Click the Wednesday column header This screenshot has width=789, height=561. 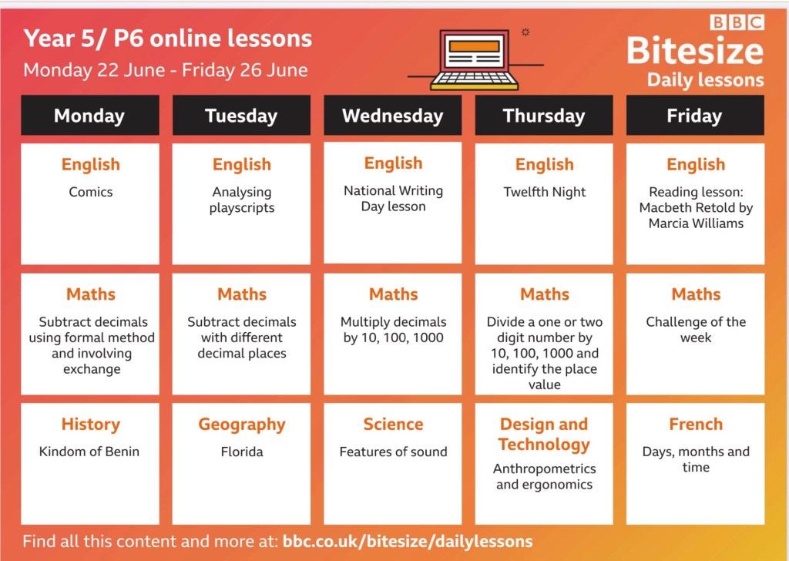point(392,116)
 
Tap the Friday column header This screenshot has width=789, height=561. point(695,116)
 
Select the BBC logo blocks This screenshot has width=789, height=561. point(737,22)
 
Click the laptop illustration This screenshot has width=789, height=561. point(475,59)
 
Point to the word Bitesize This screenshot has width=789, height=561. point(695,51)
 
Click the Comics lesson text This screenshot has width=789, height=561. point(91,192)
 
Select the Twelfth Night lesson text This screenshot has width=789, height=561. point(545,192)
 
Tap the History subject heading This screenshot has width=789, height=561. point(91,424)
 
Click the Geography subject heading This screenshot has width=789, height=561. point(241,425)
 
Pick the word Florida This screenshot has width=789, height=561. point(241,452)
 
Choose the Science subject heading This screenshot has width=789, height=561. point(393,424)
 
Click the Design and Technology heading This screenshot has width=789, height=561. point(544,434)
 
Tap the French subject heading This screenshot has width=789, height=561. point(696,424)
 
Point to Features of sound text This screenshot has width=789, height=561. point(393,452)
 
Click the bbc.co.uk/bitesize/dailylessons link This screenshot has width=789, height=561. point(408,542)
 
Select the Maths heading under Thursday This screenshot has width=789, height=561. point(545,294)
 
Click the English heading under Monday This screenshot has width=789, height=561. point(91,165)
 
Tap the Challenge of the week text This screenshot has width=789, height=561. point(696,330)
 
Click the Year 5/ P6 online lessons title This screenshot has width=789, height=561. point(167,39)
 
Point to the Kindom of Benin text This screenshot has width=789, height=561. point(89,452)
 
